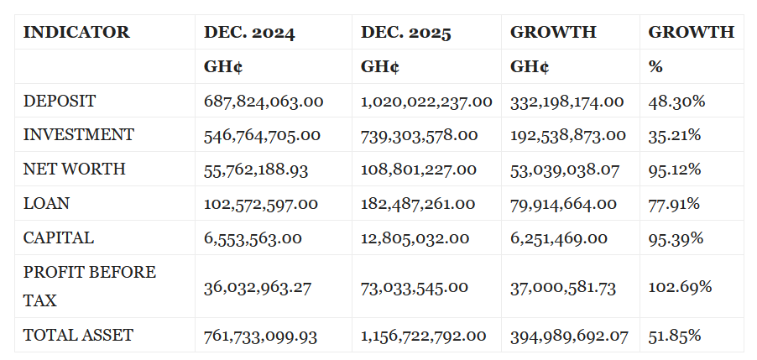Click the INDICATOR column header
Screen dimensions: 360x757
[x=76, y=33]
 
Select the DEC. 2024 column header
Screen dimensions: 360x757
[x=249, y=33]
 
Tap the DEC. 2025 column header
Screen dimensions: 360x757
[x=406, y=33]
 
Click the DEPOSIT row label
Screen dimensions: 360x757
[x=60, y=102]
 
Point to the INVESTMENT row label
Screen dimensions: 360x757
[x=78, y=135]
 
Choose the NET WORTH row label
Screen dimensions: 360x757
[x=74, y=170]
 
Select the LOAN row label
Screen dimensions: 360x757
[x=46, y=204]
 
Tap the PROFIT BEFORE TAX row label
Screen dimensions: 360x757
[x=89, y=286]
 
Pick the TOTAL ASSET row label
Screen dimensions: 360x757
[x=78, y=336]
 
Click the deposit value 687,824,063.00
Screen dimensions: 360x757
[x=264, y=102]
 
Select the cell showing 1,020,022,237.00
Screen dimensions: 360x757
[x=426, y=102]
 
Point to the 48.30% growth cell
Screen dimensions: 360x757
[x=676, y=102]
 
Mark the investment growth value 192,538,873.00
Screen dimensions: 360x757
[x=567, y=135]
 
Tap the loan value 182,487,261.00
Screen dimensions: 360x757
[x=418, y=204]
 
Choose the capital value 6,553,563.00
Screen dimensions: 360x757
[x=253, y=238]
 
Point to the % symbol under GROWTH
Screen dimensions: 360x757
[x=655, y=67]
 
